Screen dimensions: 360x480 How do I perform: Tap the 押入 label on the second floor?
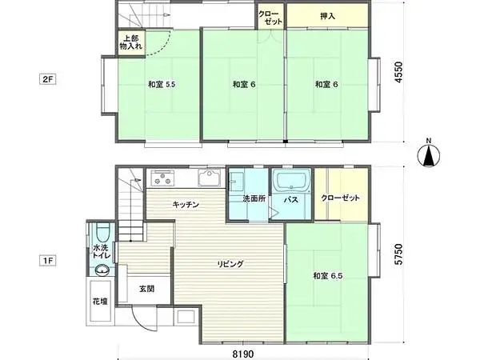pos(328,15)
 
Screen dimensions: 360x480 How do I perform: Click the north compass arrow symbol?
pos(430,155)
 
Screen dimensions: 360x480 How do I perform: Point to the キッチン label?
pos(186,205)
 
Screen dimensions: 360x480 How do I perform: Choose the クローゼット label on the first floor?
pos(340,198)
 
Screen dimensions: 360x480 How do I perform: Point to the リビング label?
pos(230,263)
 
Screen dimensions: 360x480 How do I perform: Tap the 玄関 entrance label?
pos(146,288)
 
